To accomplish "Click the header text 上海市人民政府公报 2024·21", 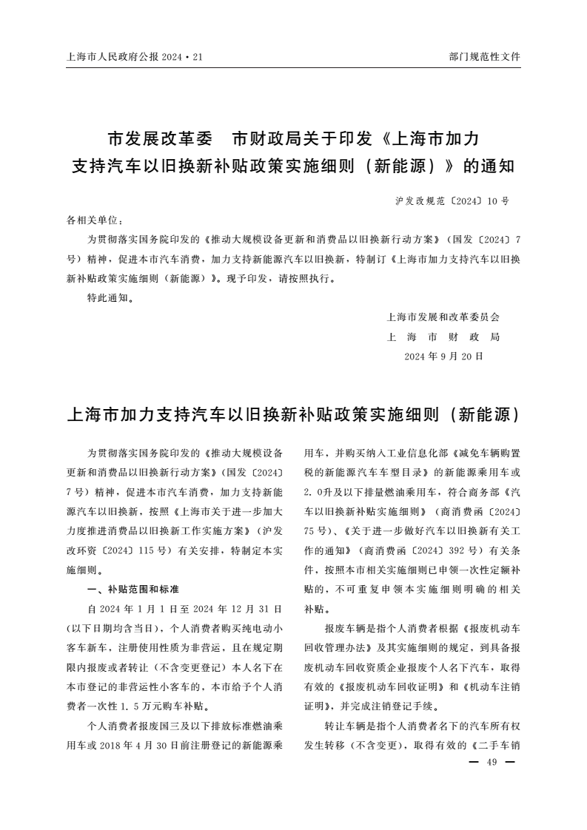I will point(134,56).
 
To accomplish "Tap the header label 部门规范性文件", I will point(485,56).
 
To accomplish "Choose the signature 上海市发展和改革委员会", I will point(443,317).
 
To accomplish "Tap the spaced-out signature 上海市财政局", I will point(443,337).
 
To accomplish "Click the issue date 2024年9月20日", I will point(443,356).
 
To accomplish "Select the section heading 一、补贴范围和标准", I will point(133,590).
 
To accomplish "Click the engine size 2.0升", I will point(319,493).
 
